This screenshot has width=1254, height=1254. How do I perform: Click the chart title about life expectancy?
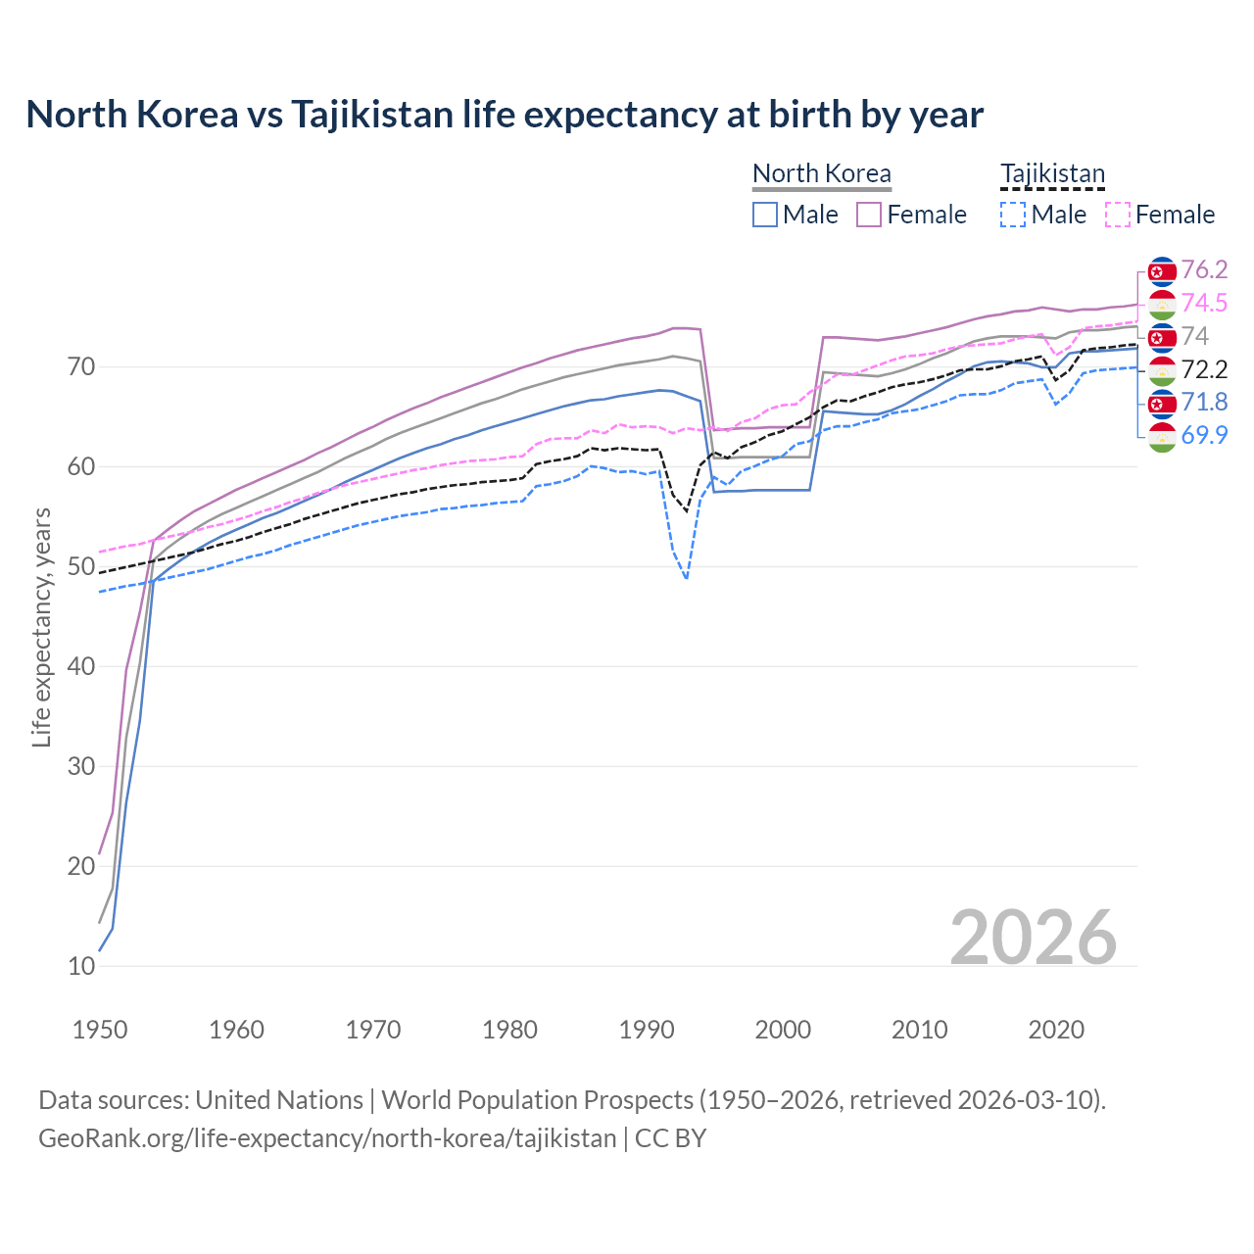tap(504, 115)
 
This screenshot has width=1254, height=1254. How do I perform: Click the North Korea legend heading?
tap(821, 173)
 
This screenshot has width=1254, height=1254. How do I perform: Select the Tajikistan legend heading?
tap(1052, 173)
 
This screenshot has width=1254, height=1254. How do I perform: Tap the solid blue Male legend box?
tap(765, 215)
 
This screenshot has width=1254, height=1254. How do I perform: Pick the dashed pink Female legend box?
tap(1118, 215)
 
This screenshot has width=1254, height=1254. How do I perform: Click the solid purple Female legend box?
tap(869, 215)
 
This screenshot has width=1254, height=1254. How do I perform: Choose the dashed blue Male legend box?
tap(1013, 215)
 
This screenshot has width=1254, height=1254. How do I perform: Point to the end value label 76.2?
tap(1204, 269)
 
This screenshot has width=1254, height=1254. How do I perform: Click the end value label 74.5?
tap(1204, 303)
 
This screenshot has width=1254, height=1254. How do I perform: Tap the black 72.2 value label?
tap(1204, 369)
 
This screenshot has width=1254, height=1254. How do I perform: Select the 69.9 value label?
tap(1204, 435)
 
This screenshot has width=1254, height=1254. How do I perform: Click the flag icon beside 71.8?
tap(1161, 403)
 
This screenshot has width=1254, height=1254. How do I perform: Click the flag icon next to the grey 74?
tap(1161, 337)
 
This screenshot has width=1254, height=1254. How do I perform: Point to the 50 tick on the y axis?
tap(81, 566)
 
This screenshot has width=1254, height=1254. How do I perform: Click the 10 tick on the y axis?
tap(81, 966)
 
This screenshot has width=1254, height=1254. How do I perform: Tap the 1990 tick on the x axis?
tap(647, 1030)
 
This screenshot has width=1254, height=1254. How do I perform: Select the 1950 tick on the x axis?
tap(100, 1030)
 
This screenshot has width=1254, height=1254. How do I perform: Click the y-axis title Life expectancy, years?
tap(41, 627)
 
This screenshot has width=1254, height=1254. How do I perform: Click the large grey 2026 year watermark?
tap(1033, 938)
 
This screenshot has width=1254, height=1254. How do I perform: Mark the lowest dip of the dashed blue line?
tap(686, 578)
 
